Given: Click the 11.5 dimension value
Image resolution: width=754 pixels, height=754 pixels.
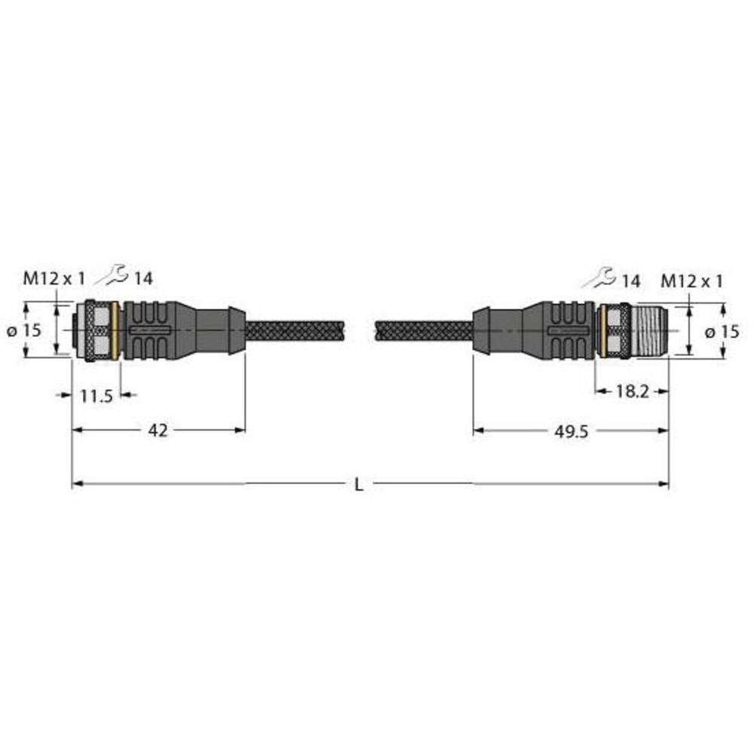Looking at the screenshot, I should point(97,395).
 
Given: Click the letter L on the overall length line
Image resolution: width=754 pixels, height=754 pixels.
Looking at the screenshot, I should point(359,486).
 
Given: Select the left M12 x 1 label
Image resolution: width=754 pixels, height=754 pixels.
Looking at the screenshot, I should point(54,278).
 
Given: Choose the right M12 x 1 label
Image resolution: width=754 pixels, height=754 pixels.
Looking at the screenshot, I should point(691,281).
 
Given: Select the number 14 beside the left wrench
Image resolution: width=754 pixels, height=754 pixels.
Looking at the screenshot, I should point(143,279).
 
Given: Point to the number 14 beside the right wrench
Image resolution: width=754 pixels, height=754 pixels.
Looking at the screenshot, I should point(630,281).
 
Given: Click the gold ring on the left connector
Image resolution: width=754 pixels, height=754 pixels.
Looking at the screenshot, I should point(114,330).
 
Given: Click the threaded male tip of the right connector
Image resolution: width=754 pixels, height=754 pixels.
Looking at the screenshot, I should point(648,330).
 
